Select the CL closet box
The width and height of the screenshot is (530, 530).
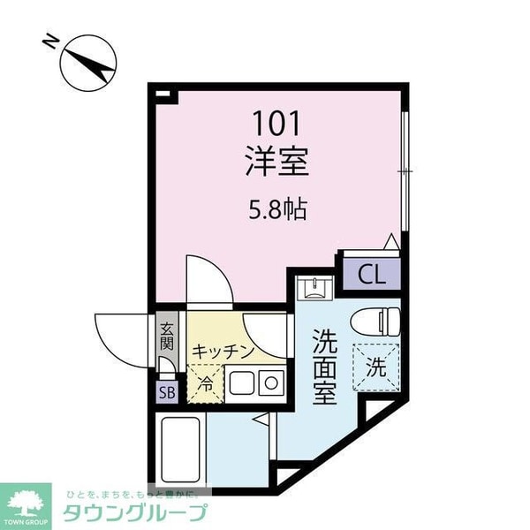(372, 273)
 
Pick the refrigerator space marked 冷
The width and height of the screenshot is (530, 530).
(205, 382)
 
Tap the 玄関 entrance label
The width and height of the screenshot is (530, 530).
(167, 338)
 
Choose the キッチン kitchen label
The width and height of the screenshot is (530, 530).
(223, 351)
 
